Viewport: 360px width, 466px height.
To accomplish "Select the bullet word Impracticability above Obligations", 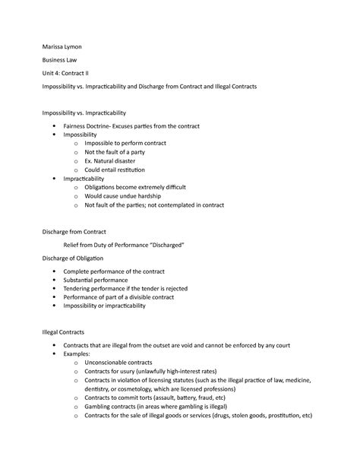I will (x=87, y=179).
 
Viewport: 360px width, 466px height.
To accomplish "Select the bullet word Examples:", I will (x=79, y=354).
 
